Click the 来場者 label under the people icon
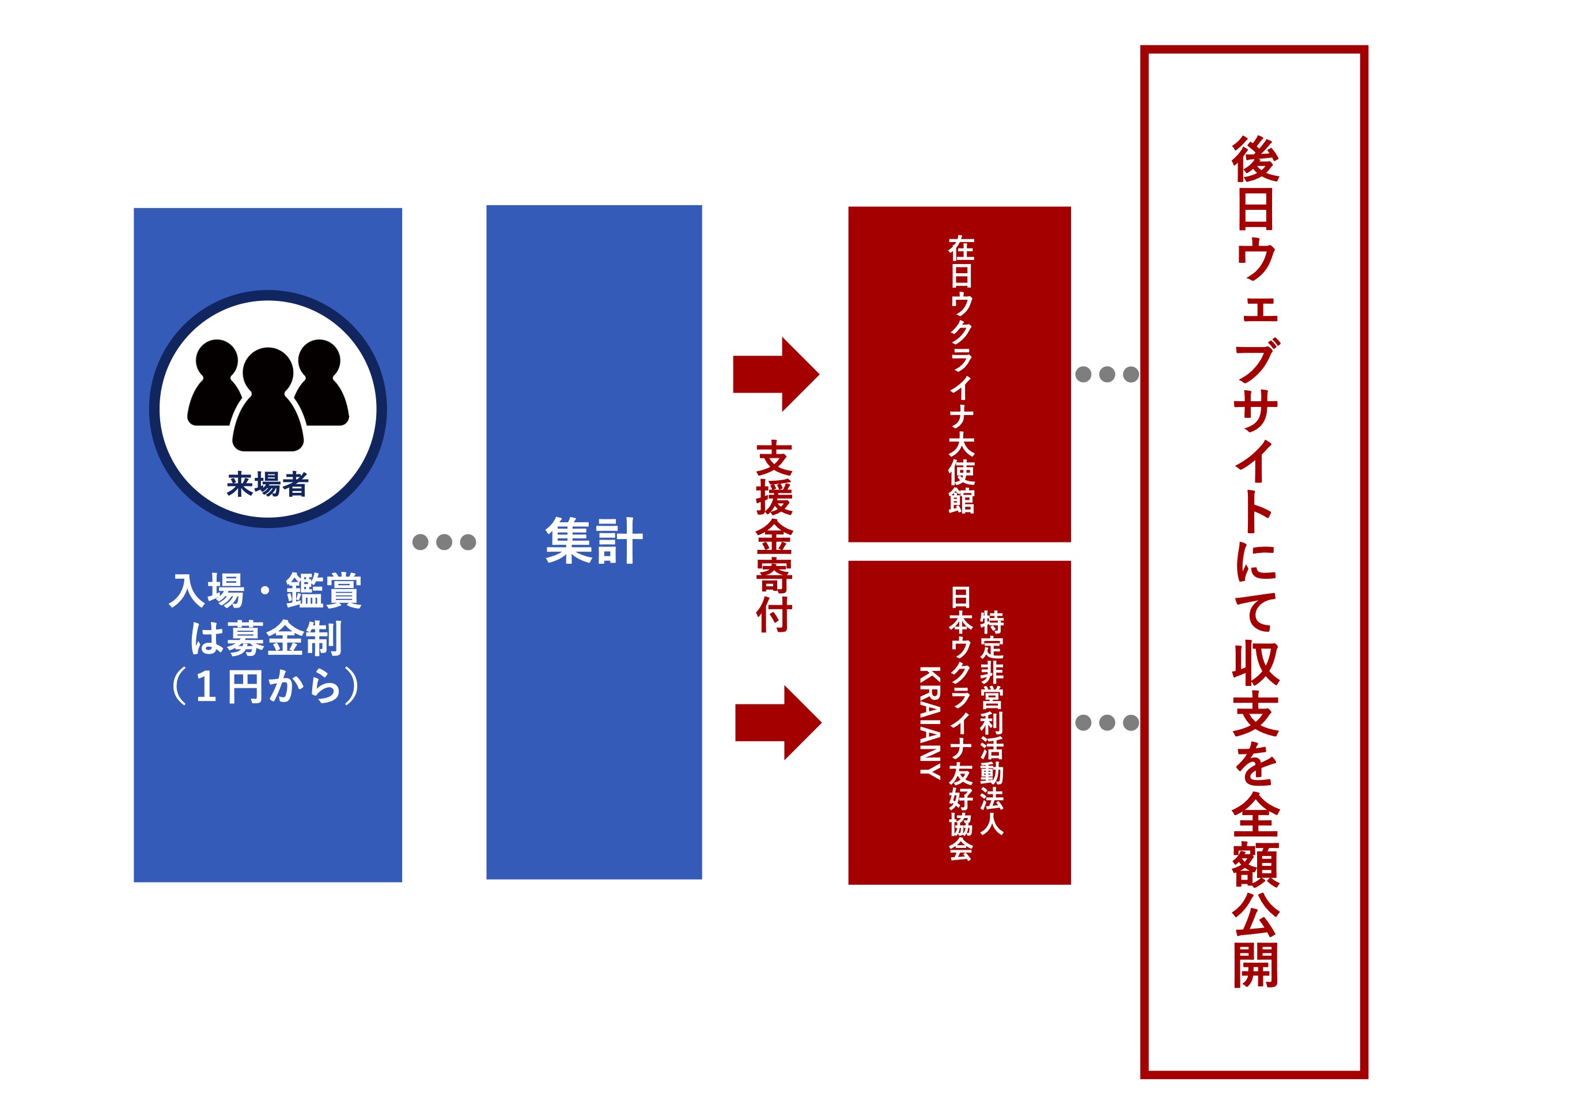(x=267, y=484)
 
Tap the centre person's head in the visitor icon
(x=267, y=372)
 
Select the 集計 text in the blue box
(x=594, y=541)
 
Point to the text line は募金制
(x=266, y=638)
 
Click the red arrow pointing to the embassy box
(x=776, y=374)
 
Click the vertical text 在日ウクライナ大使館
(x=962, y=375)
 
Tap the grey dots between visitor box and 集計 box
(x=444, y=542)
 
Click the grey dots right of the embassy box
(x=1107, y=374)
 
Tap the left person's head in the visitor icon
(x=217, y=361)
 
